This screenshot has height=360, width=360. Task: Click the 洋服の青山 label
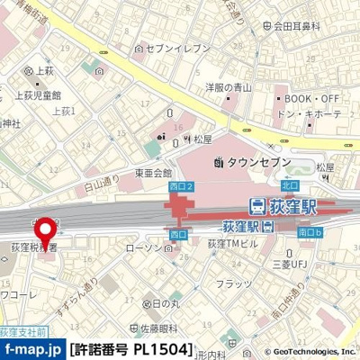coord(227,87)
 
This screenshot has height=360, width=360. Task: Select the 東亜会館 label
coord(153,172)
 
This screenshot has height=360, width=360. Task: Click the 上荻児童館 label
coord(39,94)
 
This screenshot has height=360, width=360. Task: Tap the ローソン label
coord(142,247)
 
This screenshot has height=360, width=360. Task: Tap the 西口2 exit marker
coord(181,185)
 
